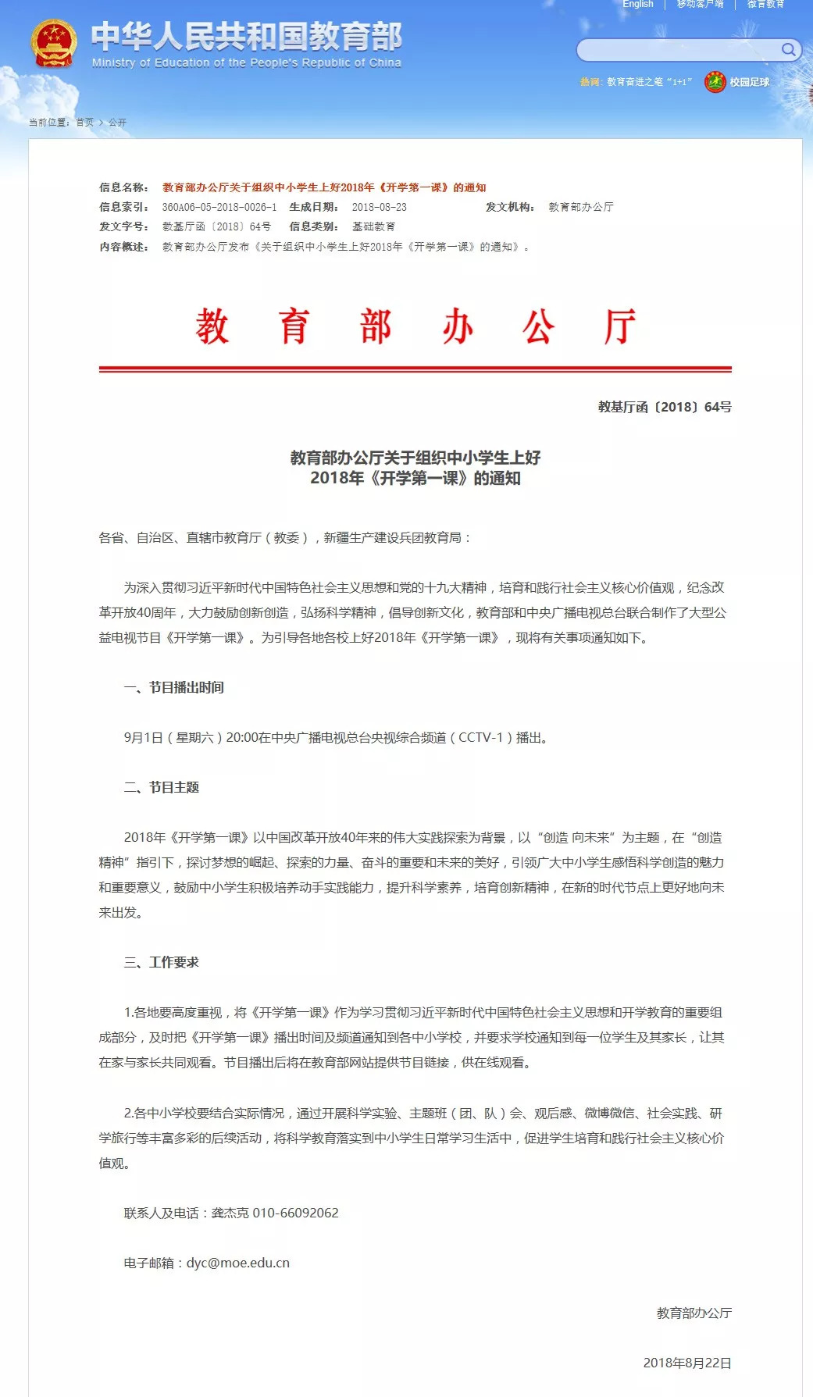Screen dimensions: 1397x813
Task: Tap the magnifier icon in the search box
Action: click(788, 50)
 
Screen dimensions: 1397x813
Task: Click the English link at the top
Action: click(638, 5)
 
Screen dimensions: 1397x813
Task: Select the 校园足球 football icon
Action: click(715, 81)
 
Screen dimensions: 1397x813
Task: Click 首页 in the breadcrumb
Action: click(84, 123)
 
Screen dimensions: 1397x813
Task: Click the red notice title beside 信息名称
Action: click(324, 187)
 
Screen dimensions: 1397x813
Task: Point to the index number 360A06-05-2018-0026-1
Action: click(219, 207)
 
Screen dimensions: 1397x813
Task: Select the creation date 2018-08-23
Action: click(379, 207)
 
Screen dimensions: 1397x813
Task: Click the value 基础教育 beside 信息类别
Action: click(373, 226)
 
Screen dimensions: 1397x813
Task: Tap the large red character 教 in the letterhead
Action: click(212, 326)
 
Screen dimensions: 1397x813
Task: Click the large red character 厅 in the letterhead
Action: click(619, 326)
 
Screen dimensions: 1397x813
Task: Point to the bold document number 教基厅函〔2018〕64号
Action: click(665, 407)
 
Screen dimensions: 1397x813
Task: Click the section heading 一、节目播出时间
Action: click(174, 687)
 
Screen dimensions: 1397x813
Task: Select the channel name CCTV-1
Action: click(480, 737)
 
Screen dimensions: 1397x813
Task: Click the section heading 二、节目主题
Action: click(162, 787)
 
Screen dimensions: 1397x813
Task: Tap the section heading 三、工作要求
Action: click(162, 962)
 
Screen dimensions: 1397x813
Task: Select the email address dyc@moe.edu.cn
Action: click(237, 1263)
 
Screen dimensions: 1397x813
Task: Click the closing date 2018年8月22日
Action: click(687, 1363)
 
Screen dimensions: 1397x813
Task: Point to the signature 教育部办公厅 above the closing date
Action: click(694, 1313)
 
